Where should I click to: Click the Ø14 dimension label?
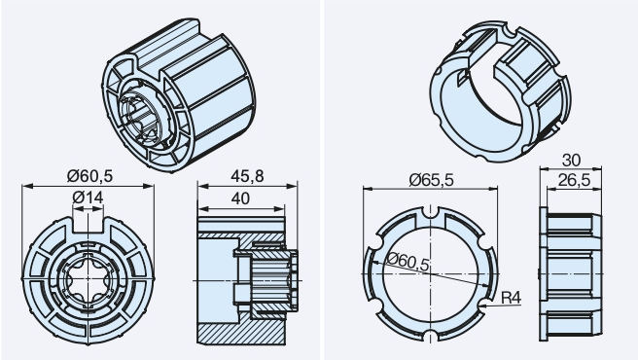tap(88, 198)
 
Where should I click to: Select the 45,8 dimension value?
tap(247, 176)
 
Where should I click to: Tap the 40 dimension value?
tap(240, 198)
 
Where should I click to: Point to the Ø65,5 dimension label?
tap(431, 180)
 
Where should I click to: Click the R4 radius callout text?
tap(511, 298)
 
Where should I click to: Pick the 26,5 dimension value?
tap(574, 180)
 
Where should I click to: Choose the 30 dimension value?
tap(571, 161)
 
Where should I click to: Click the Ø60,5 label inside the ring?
tap(408, 262)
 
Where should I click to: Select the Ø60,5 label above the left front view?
tap(89, 176)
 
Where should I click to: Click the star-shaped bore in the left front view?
tap(88, 279)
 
